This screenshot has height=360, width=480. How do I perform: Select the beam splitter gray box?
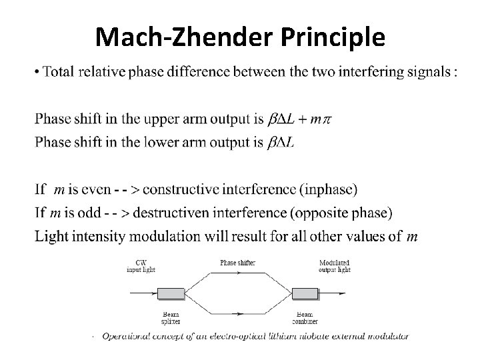click(170, 293)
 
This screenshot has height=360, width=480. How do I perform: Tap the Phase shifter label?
click(237, 263)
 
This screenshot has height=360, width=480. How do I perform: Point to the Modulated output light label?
click(335, 266)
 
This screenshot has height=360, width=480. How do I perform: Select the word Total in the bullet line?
click(58, 73)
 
